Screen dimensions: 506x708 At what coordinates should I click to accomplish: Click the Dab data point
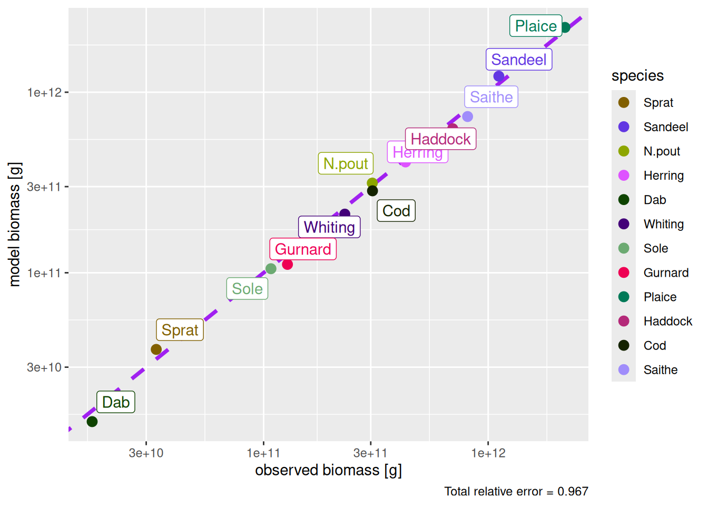pos(92,421)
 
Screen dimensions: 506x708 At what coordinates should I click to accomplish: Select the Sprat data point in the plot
pos(156,349)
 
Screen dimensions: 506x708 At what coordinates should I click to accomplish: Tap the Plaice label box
pos(535,26)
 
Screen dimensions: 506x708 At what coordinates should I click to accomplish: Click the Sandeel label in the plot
pos(518,60)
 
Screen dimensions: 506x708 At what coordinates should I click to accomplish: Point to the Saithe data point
pos(467,116)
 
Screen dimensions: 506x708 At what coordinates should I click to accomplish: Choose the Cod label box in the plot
pos(396,211)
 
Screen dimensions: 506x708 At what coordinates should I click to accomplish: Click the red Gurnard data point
pos(287,264)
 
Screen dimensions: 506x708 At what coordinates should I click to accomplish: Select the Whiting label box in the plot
pos(329,227)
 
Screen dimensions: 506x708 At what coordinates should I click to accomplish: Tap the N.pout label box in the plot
pos(346,163)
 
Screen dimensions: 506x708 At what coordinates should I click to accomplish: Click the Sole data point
pos(271,269)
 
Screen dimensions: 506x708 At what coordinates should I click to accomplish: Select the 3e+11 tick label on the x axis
pos(370,453)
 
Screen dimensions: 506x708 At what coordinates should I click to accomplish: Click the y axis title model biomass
pos(15,225)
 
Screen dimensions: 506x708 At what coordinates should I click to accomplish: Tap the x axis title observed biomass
pos(328,470)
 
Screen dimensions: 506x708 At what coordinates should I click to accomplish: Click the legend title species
pos(637,76)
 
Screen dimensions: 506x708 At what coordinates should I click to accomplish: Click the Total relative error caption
pos(516,491)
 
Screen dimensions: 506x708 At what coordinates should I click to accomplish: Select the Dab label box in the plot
pos(116,402)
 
